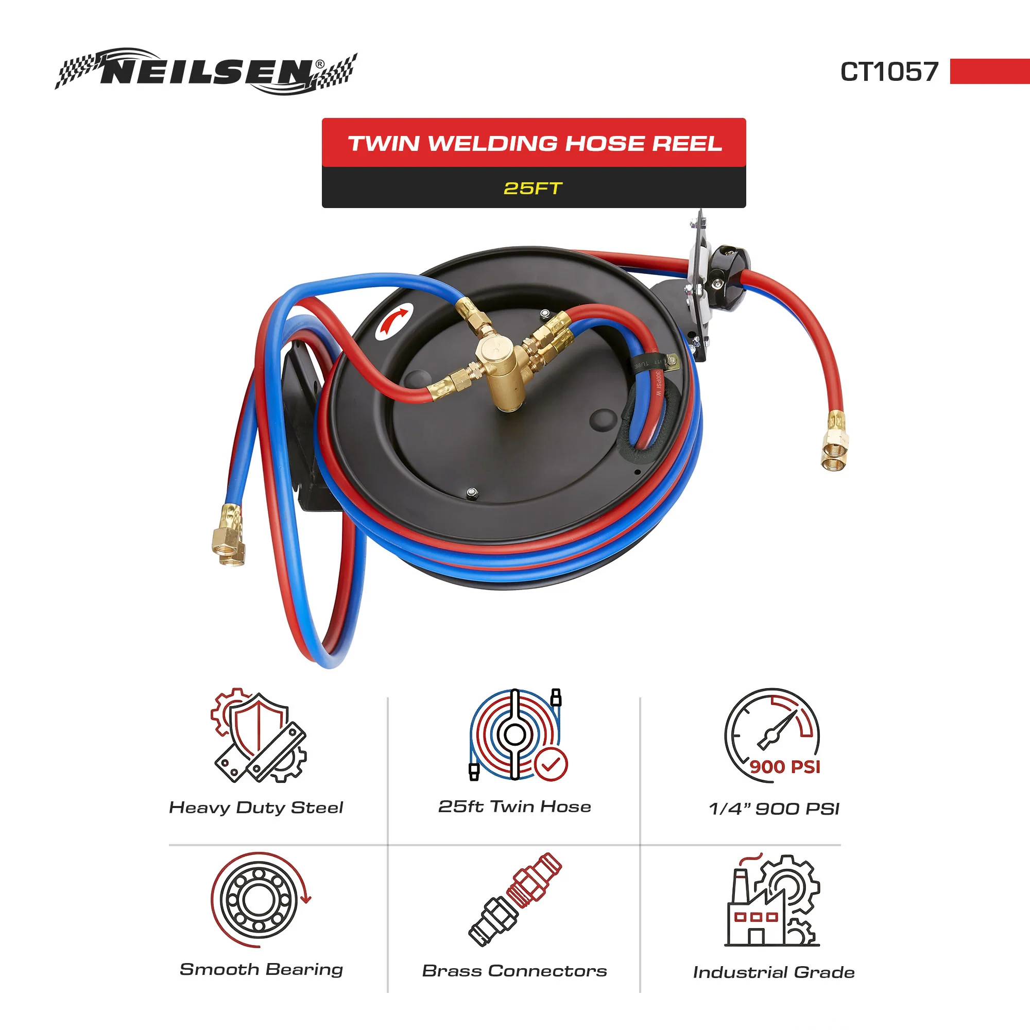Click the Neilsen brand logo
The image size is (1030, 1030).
tap(206, 72)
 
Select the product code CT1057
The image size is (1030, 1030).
tap(889, 72)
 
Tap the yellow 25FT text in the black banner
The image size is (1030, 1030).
tap(533, 188)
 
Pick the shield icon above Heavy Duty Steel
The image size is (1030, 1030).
tap(259, 736)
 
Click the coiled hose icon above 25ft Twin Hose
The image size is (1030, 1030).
tap(515, 735)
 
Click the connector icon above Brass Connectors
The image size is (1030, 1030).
tap(515, 899)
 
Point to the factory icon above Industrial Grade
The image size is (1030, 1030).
tap(772, 900)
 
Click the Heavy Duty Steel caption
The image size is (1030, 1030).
tap(256, 808)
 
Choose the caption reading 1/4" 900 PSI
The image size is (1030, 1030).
tap(774, 809)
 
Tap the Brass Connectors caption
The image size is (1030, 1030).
tap(514, 971)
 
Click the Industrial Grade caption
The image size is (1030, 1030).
tap(774, 972)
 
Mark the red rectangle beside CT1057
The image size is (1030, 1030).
tap(990, 72)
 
